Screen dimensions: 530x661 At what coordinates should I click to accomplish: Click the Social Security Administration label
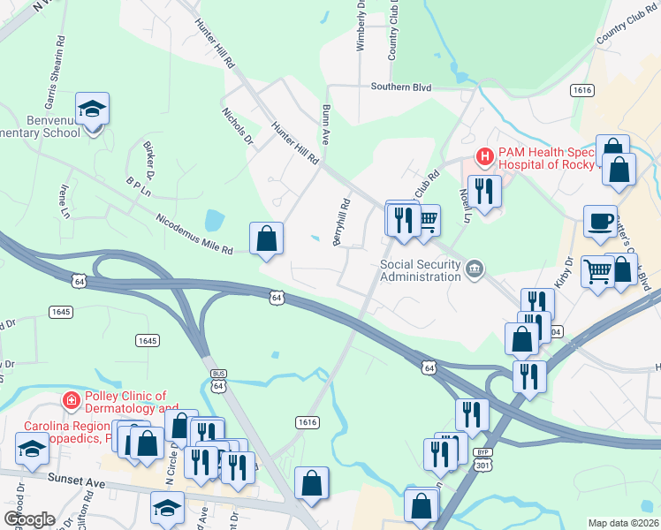(x=420, y=269)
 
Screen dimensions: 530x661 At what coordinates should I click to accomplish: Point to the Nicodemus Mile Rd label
(x=194, y=234)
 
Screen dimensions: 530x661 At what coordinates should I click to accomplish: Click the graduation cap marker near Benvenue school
(x=92, y=110)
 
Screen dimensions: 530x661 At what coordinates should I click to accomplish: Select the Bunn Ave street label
(x=325, y=125)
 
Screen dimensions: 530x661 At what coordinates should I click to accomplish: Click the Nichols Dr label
(x=238, y=126)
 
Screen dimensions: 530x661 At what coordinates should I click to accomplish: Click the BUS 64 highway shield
(x=219, y=379)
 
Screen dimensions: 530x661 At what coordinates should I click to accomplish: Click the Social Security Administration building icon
(x=475, y=269)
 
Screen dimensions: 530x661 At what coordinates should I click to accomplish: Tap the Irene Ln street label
(x=64, y=202)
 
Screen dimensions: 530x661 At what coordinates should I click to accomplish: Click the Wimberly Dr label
(x=361, y=26)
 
